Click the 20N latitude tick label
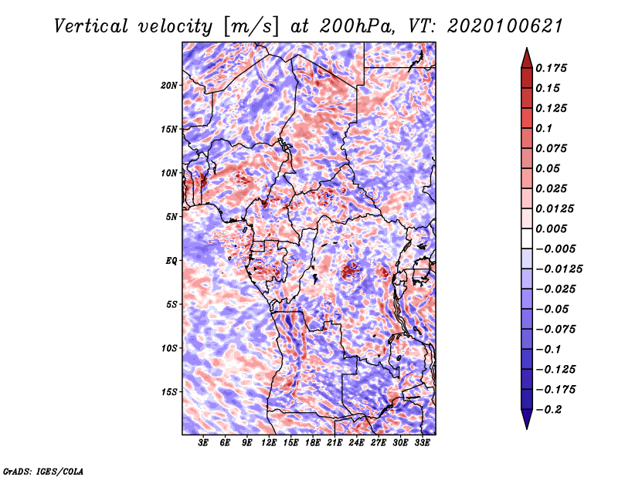(169, 85)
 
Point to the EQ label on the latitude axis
(171, 260)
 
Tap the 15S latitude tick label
(169, 392)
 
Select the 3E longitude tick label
(203, 443)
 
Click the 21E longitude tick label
(334, 443)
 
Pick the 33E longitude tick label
(422, 443)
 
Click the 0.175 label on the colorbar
(551, 68)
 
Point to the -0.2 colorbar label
(548, 409)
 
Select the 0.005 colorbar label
(551, 228)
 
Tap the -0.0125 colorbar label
(559, 269)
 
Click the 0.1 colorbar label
(544, 128)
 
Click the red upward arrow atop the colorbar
(527, 58)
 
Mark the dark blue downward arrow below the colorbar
(527, 419)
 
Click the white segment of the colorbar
(527, 238)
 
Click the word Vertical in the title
(91, 26)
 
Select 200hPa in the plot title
(356, 26)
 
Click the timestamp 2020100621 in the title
(505, 26)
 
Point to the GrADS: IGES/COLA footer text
(43, 471)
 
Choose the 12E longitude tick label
(268, 443)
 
